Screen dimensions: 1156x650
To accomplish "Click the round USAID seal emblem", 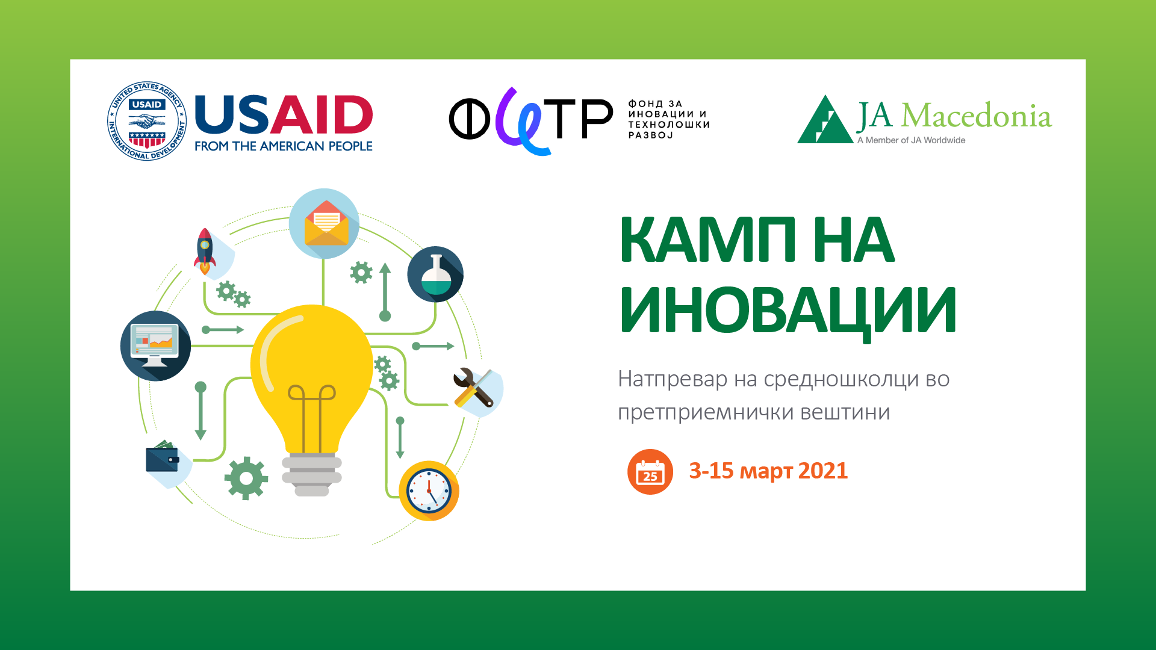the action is point(147,121).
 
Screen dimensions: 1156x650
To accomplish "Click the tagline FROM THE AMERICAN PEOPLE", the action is point(284,146).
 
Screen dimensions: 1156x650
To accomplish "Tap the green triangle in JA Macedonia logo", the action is point(825,119).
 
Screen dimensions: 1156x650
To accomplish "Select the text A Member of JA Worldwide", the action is point(911,140).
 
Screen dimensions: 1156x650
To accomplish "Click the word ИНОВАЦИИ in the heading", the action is point(788,311).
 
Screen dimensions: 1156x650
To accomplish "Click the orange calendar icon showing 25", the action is point(650,472).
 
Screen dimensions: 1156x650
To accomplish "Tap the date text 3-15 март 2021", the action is point(768,471).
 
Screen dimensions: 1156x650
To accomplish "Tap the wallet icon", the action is point(163,459).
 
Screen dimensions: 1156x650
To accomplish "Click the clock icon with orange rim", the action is point(429,491).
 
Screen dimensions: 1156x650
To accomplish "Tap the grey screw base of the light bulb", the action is point(312,474).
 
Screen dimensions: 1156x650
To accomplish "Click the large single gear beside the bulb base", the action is point(246,478).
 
